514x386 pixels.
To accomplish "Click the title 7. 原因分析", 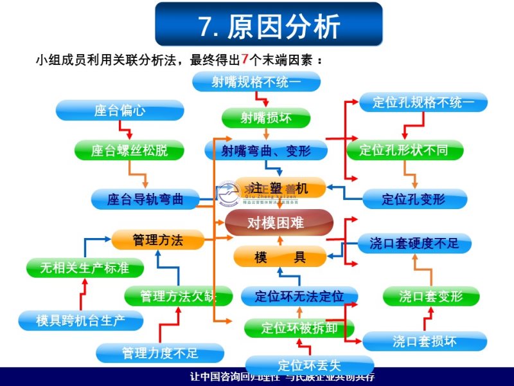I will tap(269, 26).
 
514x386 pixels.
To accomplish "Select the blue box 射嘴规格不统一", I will tap(256, 82).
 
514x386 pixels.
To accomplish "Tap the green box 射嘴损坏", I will tap(266, 118).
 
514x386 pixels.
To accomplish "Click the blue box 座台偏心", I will tap(120, 111).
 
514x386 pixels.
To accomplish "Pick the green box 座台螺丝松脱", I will tap(129, 151).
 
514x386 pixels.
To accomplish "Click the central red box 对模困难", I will tap(279, 223).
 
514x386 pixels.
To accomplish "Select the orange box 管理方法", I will tap(157, 240).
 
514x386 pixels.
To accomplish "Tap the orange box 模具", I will tap(280, 257).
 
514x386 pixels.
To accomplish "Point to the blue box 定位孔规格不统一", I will tap(423, 102).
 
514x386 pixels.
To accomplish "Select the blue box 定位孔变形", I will tap(413, 199).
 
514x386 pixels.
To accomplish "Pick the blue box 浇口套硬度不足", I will tap(414, 243).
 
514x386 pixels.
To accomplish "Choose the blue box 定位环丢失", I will tap(309, 365).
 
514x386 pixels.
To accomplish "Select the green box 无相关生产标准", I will tap(84, 268).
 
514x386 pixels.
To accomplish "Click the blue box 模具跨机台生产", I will tap(80, 319).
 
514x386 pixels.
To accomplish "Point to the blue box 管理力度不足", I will tap(160, 353).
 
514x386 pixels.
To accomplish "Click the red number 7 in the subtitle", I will tap(244, 60).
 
